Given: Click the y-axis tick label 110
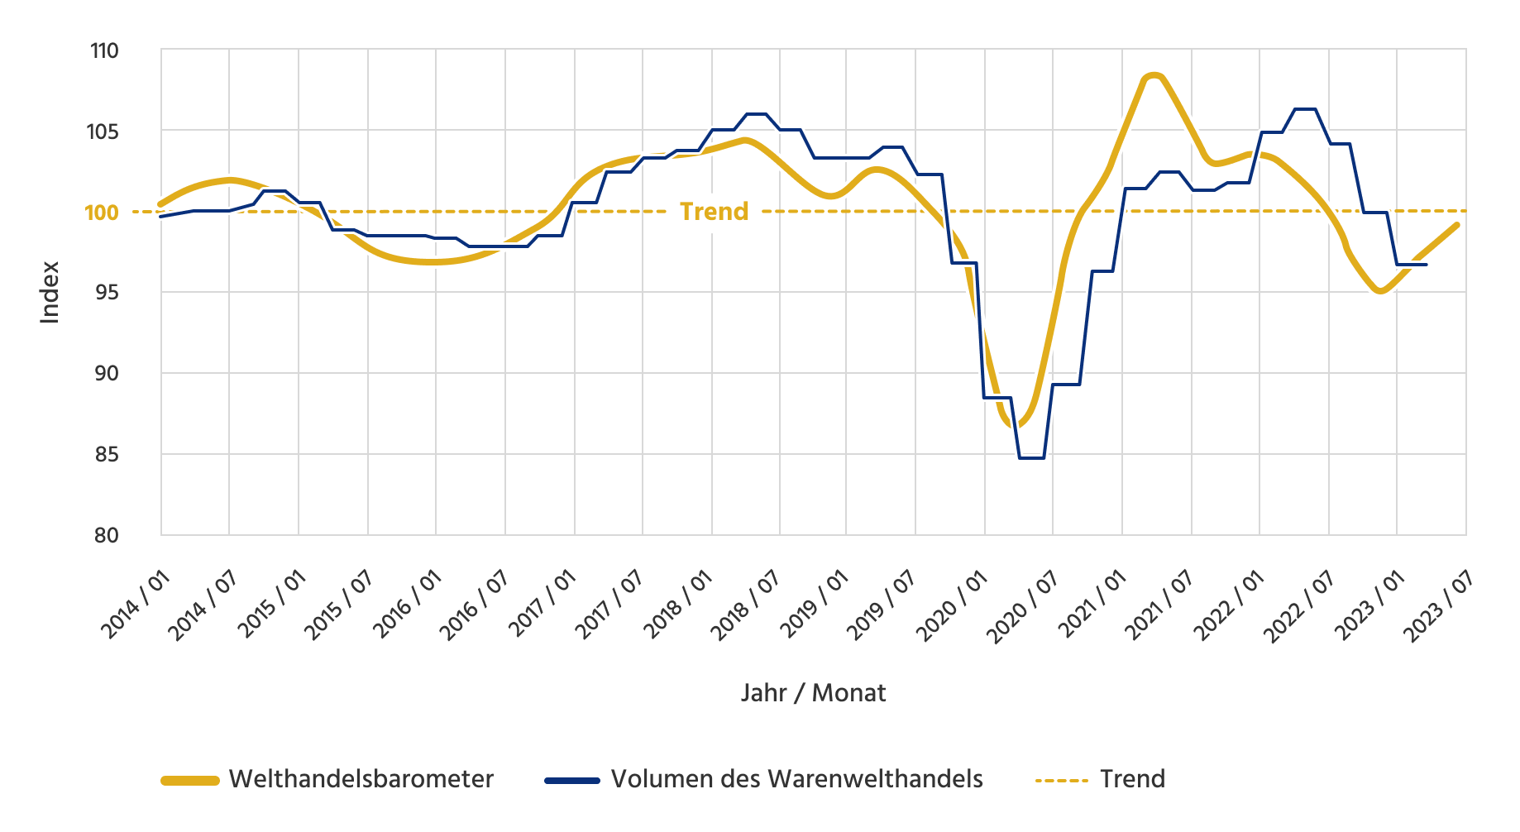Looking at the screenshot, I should (104, 51).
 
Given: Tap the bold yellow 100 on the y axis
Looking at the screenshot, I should (102, 213).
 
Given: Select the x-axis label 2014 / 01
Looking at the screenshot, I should (136, 605).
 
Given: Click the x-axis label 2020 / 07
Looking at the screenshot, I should (1024, 605).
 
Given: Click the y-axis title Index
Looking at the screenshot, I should (50, 292).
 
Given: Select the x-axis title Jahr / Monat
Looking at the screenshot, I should (813, 693).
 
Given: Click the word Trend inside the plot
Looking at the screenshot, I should (714, 212).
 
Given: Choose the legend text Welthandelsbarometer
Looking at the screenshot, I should (361, 779).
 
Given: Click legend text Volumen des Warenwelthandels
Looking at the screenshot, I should (796, 779).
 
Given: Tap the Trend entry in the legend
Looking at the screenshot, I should (1132, 779).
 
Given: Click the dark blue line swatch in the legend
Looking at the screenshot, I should (571, 780).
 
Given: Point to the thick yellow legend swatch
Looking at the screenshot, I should (189, 780).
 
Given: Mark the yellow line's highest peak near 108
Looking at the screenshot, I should (1154, 75).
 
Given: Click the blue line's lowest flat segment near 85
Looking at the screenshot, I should (1031, 457).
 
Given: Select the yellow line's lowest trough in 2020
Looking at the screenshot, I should (1016, 425).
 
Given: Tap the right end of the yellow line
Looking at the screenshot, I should (1456, 225).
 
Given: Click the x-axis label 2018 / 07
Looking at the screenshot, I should (747, 605).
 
